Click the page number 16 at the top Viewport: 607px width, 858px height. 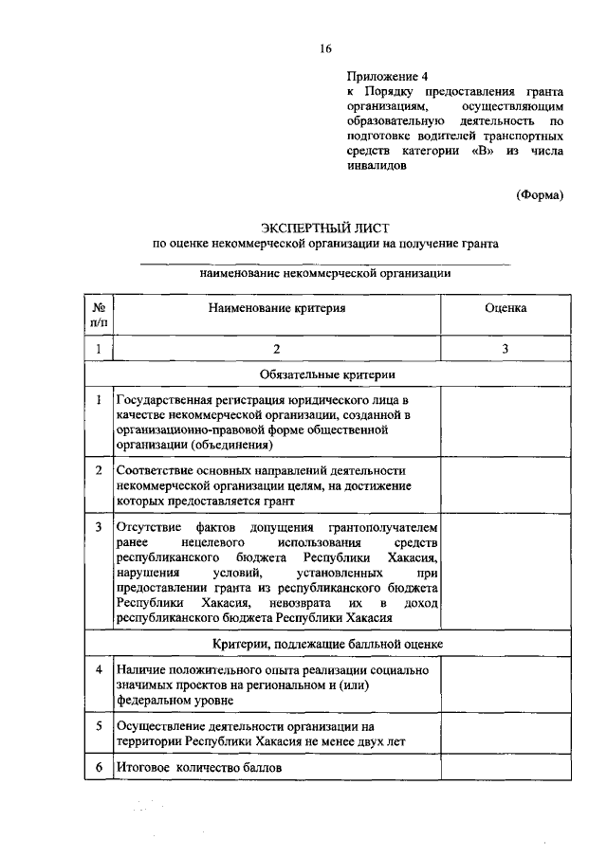325,48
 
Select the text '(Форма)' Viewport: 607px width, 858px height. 540,195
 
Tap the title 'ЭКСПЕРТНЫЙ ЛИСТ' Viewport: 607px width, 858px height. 325,226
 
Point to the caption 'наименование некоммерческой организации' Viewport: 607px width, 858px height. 325,273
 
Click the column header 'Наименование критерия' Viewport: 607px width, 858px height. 276,308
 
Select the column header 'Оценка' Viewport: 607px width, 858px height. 506,308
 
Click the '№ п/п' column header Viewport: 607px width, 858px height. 99,315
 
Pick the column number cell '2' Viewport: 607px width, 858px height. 276,350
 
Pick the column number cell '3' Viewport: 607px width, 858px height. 506,350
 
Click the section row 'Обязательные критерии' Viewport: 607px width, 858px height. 325,375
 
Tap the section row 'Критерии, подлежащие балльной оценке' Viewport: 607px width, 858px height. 325,644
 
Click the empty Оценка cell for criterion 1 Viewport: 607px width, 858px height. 506,422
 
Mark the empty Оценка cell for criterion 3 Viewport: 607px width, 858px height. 506,572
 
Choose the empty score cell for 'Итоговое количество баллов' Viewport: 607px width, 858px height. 506,766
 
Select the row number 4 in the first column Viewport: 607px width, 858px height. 99,670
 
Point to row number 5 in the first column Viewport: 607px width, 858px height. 99,725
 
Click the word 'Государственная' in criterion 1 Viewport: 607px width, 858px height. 160,401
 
